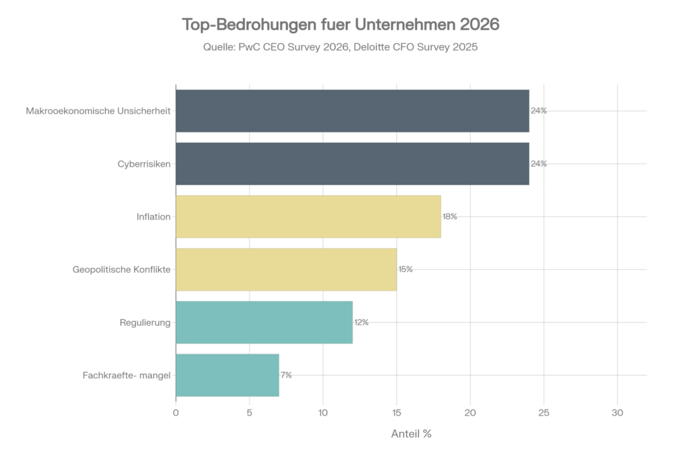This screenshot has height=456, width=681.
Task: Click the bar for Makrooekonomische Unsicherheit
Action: (x=352, y=111)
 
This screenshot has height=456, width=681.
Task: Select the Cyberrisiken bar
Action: (x=352, y=164)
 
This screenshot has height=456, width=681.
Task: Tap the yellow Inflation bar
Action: (x=308, y=217)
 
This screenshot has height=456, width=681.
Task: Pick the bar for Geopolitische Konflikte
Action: (x=286, y=269)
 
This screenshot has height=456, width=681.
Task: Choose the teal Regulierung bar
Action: (x=264, y=322)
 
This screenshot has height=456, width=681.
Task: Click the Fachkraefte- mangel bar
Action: (x=227, y=375)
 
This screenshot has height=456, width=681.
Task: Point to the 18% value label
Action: (x=450, y=217)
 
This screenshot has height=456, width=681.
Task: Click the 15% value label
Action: (x=406, y=269)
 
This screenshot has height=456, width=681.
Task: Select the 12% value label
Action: (x=362, y=322)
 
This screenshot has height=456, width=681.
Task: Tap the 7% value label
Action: (x=287, y=375)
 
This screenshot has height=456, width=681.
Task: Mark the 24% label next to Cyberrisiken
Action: (x=539, y=164)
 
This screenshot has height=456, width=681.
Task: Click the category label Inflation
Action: (x=154, y=217)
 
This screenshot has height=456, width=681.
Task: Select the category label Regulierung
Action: (x=145, y=322)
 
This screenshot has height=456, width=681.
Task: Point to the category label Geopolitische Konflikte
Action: (x=122, y=269)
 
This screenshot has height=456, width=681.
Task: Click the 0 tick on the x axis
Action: (x=176, y=413)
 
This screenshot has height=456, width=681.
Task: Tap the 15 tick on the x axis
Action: (x=396, y=413)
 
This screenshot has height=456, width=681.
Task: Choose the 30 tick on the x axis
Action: (x=617, y=413)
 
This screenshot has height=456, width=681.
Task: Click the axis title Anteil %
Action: (x=411, y=434)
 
